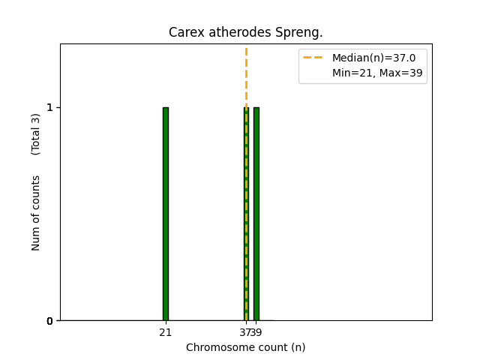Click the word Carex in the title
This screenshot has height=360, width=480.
click(x=184, y=32)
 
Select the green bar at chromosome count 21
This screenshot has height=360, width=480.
click(x=166, y=214)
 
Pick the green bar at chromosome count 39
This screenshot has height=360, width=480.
click(x=256, y=214)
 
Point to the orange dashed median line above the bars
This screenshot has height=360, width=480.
click(x=246, y=75)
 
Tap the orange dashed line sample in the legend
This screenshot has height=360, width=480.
click(x=313, y=58)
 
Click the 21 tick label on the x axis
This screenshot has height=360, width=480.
click(x=166, y=332)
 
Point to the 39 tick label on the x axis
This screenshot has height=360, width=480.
click(x=256, y=332)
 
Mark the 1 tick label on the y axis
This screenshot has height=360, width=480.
click(x=50, y=107)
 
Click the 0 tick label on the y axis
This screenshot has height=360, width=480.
click(x=50, y=321)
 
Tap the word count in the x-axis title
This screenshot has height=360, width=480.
click(x=269, y=347)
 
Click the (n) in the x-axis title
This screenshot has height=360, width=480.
click(x=298, y=347)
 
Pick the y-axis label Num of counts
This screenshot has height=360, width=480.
click(x=36, y=213)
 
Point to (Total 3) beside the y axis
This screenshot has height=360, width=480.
click(x=36, y=133)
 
